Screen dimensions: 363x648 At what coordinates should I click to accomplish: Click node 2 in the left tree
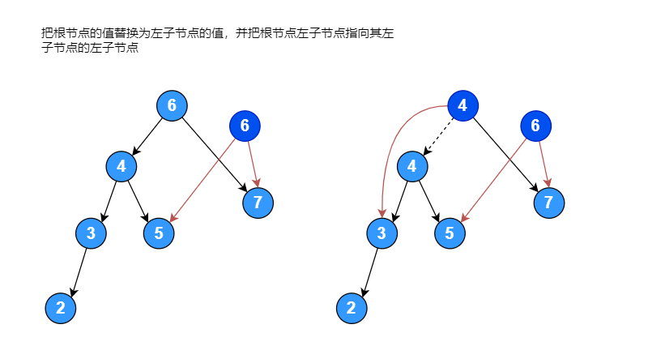[61, 308]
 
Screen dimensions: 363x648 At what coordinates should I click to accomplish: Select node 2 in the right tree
[352, 308]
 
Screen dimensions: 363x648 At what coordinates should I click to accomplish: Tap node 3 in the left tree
[91, 233]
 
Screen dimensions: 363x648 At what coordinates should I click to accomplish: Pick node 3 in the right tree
[382, 233]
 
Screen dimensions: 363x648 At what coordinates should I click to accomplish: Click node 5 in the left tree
[159, 233]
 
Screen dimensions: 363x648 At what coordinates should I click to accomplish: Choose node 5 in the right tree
[450, 233]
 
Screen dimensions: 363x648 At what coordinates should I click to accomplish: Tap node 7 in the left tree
[258, 202]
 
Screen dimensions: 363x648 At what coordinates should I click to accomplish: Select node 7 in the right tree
[548, 202]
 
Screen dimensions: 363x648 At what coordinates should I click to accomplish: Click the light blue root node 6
[172, 105]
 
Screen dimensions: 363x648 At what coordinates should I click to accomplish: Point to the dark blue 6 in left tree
[245, 126]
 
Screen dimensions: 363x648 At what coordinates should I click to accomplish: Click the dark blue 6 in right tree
[535, 126]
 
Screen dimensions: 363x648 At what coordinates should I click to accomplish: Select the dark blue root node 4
[463, 105]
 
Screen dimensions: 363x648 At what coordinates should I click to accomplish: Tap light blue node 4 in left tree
[122, 166]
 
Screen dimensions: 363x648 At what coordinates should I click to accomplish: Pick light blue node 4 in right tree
[412, 166]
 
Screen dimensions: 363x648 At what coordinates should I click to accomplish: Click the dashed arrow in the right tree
[437, 135]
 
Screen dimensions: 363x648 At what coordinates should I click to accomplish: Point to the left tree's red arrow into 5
[202, 180]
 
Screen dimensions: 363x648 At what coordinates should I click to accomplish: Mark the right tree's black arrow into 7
[506, 154]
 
